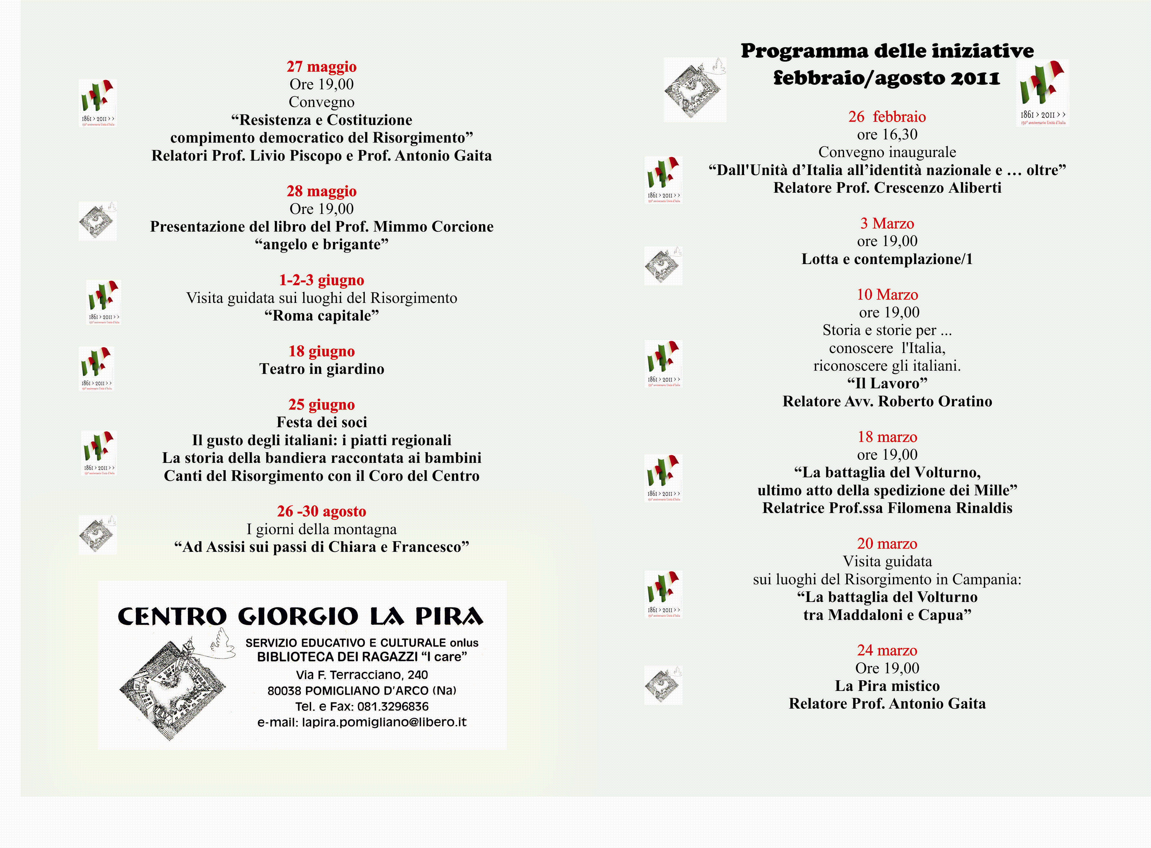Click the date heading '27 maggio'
click(x=321, y=67)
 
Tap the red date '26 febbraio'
click(x=887, y=117)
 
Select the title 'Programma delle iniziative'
click(x=887, y=51)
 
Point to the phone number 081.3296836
click(x=393, y=706)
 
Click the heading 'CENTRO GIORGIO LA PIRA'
click(x=301, y=616)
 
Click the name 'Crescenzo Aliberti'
click(x=937, y=188)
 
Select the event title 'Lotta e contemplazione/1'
click(x=887, y=259)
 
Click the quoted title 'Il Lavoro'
click(x=887, y=384)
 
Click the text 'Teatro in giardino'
click(x=321, y=369)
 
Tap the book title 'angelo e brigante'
click(x=321, y=244)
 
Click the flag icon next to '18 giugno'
click(x=96, y=368)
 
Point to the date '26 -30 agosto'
click(x=321, y=511)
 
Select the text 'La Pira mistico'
click(x=887, y=686)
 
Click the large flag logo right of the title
click(x=1042, y=93)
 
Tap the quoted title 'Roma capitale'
click(x=321, y=316)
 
